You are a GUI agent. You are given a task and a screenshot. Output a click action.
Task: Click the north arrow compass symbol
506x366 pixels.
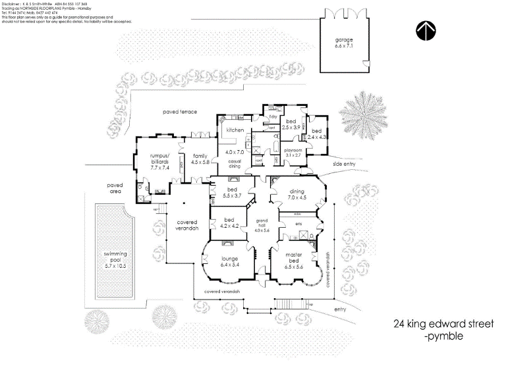[426, 30]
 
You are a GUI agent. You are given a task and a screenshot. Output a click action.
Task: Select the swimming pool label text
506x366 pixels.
[115, 257]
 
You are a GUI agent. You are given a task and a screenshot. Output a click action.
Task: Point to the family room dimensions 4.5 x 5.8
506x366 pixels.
[200, 161]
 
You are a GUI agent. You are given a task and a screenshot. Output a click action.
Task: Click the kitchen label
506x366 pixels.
[235, 130]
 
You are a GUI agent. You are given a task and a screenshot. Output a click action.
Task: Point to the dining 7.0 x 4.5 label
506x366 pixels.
[296, 194]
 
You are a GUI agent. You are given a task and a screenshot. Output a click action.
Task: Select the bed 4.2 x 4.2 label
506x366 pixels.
[229, 223]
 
